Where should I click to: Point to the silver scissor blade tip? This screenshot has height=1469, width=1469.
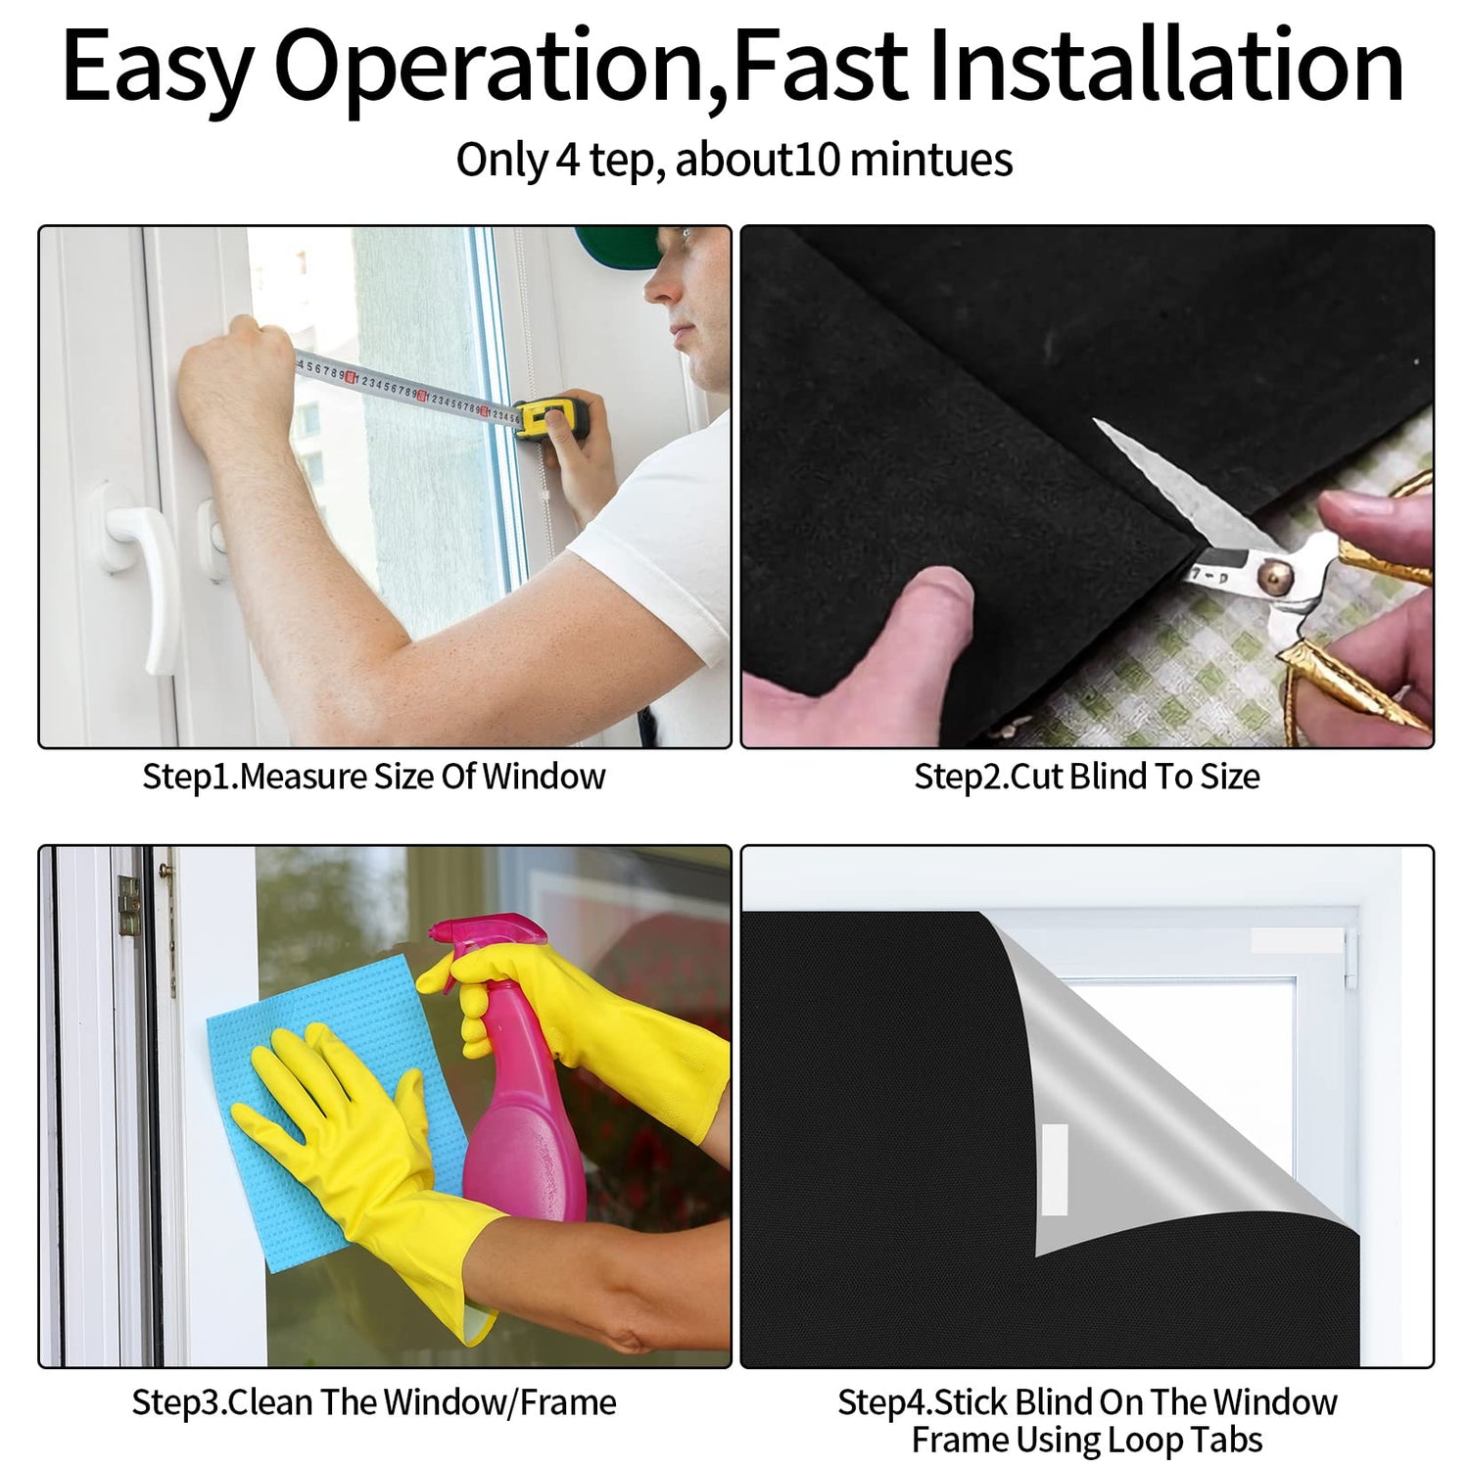pos(1095,422)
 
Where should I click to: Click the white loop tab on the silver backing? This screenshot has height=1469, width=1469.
pos(1055,1169)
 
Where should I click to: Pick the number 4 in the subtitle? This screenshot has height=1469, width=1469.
pos(568,160)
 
